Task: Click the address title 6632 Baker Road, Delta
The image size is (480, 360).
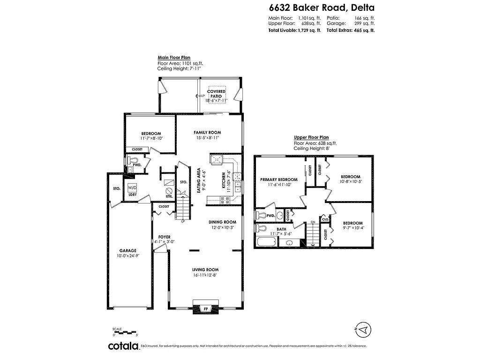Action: pyautogui.click(x=321, y=7)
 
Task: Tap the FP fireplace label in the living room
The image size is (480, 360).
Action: pyautogui.click(x=205, y=308)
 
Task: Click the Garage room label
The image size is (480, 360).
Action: pyautogui.click(x=127, y=250)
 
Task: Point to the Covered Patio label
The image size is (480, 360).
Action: pyautogui.click(x=216, y=93)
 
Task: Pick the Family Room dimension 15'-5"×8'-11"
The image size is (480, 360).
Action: pyautogui.click(x=207, y=138)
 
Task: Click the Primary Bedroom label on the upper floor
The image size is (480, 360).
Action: pyautogui.click(x=279, y=180)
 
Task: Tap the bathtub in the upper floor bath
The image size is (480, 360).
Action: pyautogui.click(x=267, y=243)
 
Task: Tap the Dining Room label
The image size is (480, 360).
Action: pyautogui.click(x=222, y=222)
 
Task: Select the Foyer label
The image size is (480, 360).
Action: pyautogui.click(x=164, y=237)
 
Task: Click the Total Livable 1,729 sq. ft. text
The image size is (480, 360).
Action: pyautogui.click(x=294, y=30)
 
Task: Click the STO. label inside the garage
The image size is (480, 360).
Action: pyautogui.click(x=117, y=188)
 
